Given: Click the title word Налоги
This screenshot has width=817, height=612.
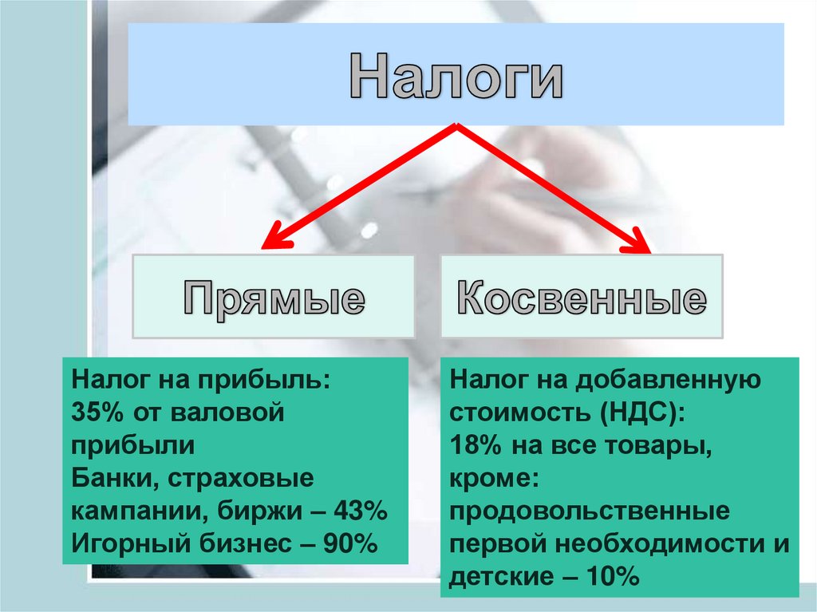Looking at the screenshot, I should (x=456, y=76).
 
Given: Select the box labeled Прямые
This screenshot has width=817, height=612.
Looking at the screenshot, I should (x=274, y=297).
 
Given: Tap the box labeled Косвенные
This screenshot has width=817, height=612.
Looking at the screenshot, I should (x=582, y=297).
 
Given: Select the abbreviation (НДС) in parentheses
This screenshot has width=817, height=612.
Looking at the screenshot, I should (x=632, y=412).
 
